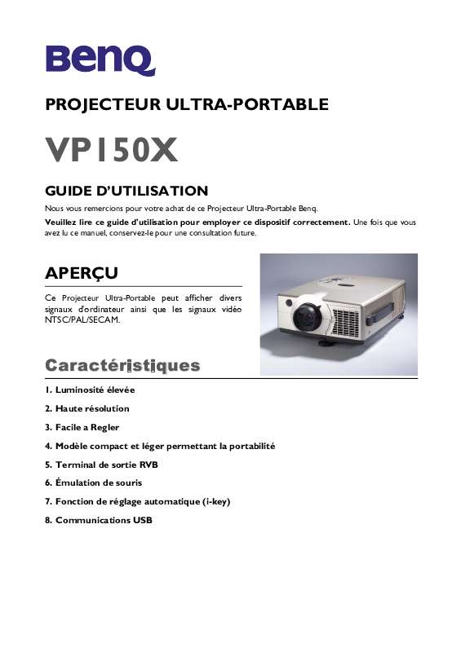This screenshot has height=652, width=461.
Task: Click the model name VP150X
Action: point(111,150)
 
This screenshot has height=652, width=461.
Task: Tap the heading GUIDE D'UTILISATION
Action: point(126,191)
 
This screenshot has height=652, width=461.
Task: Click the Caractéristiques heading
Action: point(122,364)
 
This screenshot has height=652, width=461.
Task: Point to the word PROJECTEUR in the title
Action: point(103,104)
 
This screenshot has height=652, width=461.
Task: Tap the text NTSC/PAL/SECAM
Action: point(83,319)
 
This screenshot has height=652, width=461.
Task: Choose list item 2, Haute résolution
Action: point(87,408)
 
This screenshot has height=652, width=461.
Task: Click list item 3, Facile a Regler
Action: point(82,427)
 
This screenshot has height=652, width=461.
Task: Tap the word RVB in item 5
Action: point(148,465)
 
